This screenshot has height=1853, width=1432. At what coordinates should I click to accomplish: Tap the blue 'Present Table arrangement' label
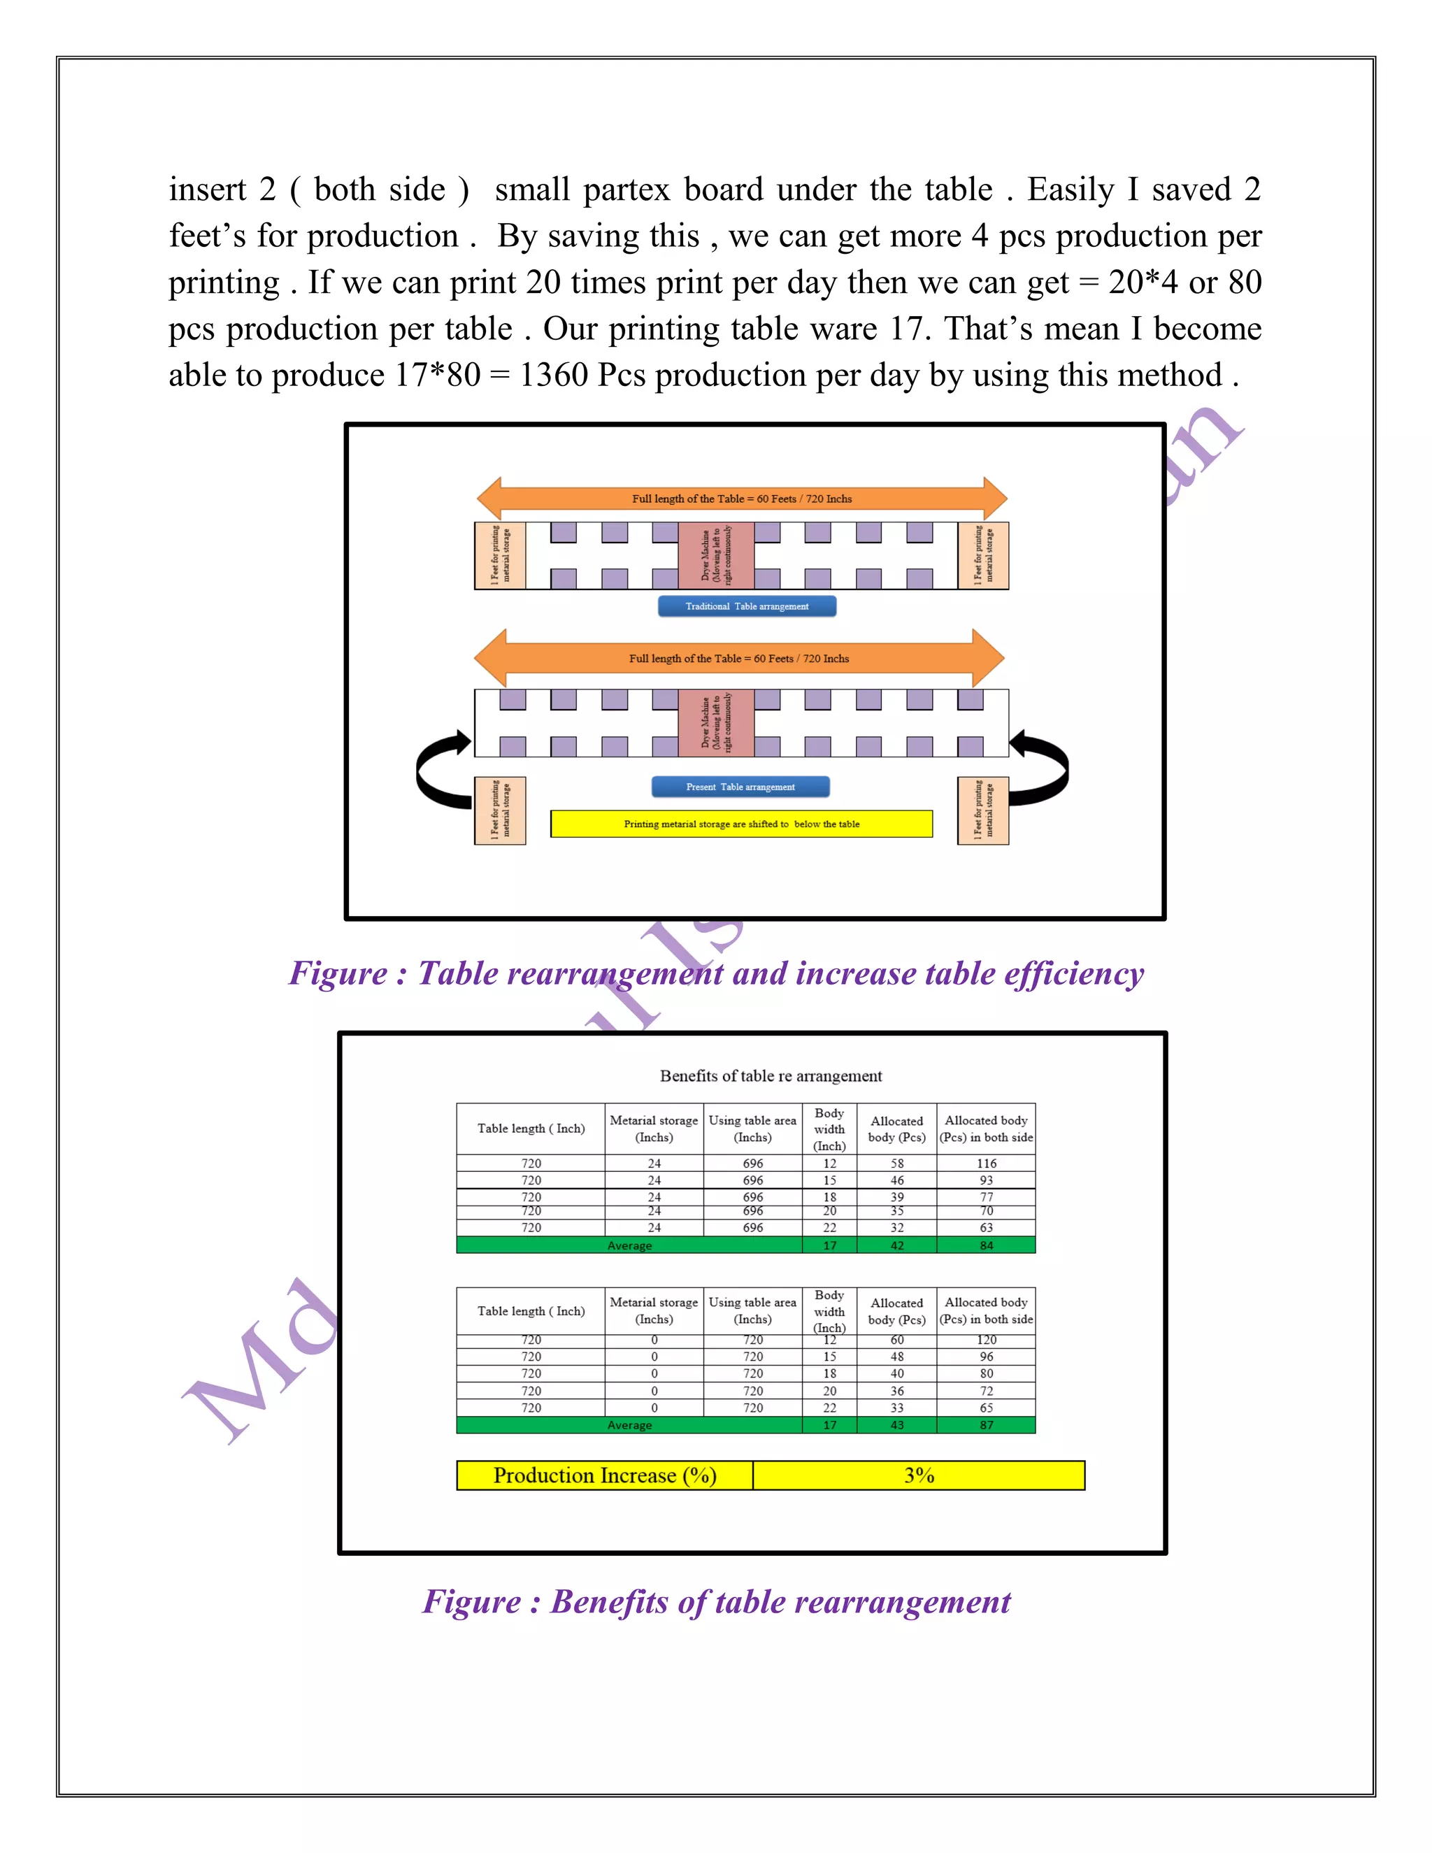pyautogui.click(x=740, y=787)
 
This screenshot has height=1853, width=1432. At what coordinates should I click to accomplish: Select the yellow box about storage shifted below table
pyautogui.click(x=740, y=824)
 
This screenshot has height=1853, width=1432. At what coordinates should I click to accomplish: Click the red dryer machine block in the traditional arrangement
pyautogui.click(x=715, y=555)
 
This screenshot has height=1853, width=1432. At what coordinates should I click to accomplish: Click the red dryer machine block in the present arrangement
pyautogui.click(x=715, y=723)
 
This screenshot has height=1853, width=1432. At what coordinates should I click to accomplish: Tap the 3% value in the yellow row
pyautogui.click(x=918, y=1475)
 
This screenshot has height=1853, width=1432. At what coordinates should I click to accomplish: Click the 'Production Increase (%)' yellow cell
pyautogui.click(x=604, y=1475)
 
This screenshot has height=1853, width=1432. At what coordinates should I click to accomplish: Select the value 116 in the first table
pyautogui.click(x=986, y=1164)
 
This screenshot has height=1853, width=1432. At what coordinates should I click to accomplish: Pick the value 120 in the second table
pyautogui.click(x=986, y=1340)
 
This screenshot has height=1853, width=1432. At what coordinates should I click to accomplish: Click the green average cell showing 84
pyautogui.click(x=986, y=1245)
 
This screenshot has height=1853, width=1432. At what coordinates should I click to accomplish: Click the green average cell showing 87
pyautogui.click(x=986, y=1425)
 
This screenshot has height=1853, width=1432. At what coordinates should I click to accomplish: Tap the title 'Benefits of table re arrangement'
pyautogui.click(x=771, y=1076)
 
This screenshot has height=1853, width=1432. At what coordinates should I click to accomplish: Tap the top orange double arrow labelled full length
pyautogui.click(x=741, y=498)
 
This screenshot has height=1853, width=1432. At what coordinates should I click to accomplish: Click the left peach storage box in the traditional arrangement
pyautogui.click(x=500, y=555)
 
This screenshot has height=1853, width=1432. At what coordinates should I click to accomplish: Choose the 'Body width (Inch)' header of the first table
pyautogui.click(x=829, y=1129)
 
